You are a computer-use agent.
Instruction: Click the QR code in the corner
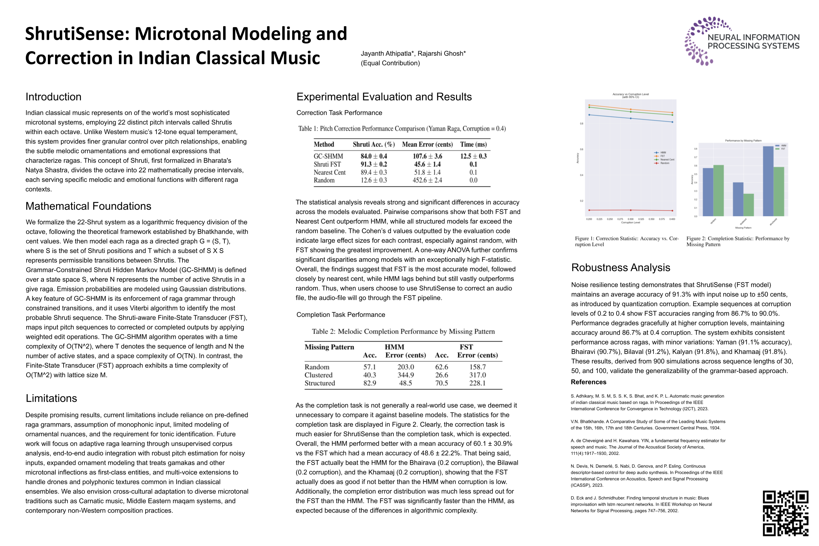[785, 513]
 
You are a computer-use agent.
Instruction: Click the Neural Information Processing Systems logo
[741, 41]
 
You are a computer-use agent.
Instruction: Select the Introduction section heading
[53, 97]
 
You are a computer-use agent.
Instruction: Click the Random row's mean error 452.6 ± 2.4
[427, 180]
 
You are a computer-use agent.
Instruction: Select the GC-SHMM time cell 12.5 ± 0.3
[473, 156]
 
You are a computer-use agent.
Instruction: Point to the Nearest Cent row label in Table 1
[329, 172]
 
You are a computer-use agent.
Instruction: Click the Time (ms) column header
[473, 145]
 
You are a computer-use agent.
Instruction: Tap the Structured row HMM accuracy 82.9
[369, 383]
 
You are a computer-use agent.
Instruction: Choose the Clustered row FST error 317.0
[477, 375]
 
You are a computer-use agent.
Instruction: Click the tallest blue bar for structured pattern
[768, 181]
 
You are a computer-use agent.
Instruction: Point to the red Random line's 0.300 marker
[631, 210]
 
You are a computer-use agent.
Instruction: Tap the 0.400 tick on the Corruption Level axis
[672, 219]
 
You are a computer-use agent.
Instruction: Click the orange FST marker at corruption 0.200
[589, 105]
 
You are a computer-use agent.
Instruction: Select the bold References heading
[588, 382]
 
